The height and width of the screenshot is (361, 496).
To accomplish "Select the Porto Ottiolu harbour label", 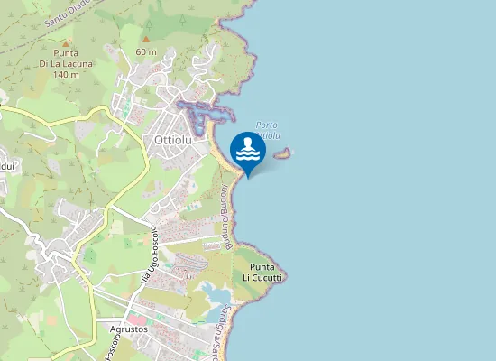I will [x=268, y=130].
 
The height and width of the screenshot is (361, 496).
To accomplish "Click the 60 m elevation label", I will [x=146, y=51].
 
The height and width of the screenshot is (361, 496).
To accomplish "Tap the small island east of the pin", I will [x=282, y=153].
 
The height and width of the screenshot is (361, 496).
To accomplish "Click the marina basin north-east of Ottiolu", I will [x=203, y=112].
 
